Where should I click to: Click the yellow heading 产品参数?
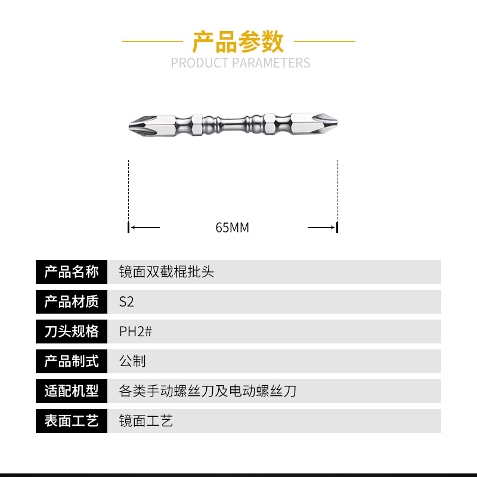coord(238,41)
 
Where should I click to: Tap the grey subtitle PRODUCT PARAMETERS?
coord(240,63)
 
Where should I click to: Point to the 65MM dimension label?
coord(232,228)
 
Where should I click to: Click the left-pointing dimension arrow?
coord(145,227)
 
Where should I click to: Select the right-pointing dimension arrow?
coord(321,227)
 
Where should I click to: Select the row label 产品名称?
coord(72,272)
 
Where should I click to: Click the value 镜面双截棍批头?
coord(166,272)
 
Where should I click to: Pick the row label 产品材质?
coord(72,302)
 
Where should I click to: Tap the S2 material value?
coord(126,302)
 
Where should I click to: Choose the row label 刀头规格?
coord(72,332)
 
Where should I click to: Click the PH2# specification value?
coord(135,332)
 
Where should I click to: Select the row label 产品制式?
coord(72,361)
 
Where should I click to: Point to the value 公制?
coord(132,361)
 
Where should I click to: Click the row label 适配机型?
coord(72,391)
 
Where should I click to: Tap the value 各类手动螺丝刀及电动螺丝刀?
coord(207,391)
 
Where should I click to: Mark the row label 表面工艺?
coord(72,421)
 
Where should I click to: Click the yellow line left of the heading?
coord(153,41)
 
